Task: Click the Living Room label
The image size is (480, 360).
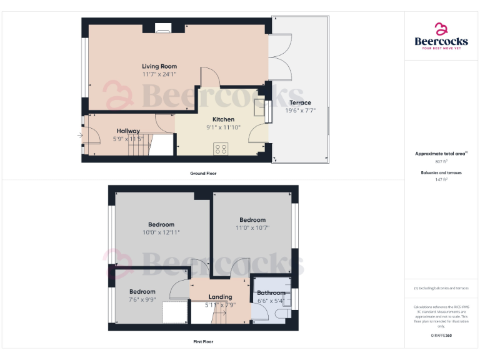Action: pos(159,66)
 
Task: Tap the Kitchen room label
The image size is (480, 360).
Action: pos(223,119)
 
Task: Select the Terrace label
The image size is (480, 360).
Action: pos(300,103)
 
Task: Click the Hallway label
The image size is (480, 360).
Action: pos(128,131)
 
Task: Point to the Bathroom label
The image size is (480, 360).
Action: pos(271,293)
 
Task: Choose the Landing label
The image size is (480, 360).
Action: pos(220,297)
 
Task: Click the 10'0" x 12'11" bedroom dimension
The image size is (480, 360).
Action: pos(161,232)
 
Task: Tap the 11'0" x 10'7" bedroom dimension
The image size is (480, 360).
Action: pos(252,227)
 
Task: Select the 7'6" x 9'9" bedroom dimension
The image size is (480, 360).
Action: pos(142,300)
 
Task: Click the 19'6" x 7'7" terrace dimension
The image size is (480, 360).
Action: pos(300,111)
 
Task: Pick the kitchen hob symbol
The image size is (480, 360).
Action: pos(221,149)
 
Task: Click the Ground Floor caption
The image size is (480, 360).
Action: pos(203,173)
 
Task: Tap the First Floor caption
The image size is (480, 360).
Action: pos(203,342)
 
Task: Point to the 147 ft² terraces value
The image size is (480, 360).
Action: pos(442,179)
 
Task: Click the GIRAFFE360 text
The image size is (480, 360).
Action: pos(441,336)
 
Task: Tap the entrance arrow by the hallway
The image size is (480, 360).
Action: pos(79,134)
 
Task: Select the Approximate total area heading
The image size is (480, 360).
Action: pos(441,153)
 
